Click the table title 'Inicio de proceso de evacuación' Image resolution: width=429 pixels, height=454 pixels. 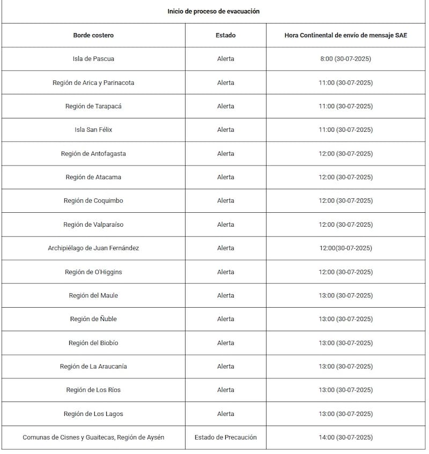tap(213, 11)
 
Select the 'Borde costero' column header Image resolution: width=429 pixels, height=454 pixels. tap(93, 35)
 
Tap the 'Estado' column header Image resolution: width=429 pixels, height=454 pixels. tap(225, 35)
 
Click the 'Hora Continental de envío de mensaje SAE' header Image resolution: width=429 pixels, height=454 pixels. tap(345, 35)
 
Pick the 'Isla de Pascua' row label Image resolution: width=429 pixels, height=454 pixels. tap(93, 59)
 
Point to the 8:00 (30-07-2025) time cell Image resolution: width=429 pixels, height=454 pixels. tap(345, 59)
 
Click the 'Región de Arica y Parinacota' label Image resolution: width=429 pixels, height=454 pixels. tap(93, 83)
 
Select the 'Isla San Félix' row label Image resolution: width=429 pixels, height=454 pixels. tap(93, 130)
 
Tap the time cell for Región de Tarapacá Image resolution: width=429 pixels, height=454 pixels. tap(345, 106)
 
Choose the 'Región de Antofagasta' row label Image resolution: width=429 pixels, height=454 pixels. tap(93, 154)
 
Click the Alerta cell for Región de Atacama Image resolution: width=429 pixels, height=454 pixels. tap(225, 177)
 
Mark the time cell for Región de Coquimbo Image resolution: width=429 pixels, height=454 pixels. tap(345, 201)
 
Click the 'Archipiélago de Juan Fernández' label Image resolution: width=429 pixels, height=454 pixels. tap(93, 248)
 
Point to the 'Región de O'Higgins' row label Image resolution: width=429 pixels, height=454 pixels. tap(93, 272)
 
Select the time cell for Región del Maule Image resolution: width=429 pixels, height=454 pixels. tap(345, 296)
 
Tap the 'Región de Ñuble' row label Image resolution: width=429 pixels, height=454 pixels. tap(93, 319)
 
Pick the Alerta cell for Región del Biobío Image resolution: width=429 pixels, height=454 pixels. tap(225, 343)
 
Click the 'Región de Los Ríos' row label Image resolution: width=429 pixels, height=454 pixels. tap(93, 390)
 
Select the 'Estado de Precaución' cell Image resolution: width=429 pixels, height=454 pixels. tap(225, 437)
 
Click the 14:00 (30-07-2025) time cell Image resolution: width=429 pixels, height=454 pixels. tap(345, 437)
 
